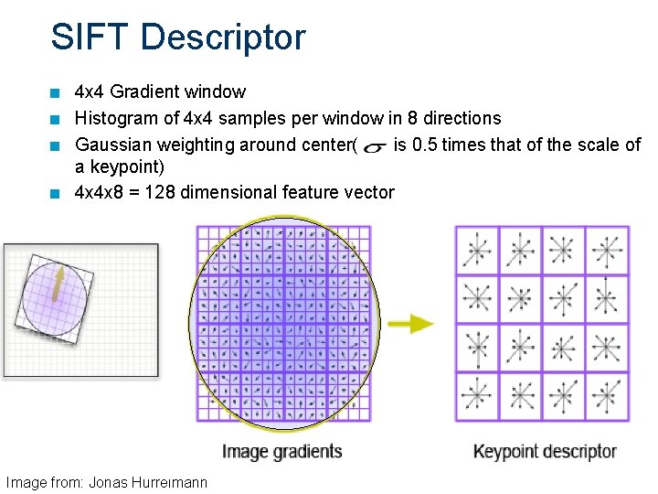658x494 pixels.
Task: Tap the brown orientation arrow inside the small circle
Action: (58, 283)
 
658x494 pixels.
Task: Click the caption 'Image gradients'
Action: (281, 451)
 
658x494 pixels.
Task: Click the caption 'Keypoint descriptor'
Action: (544, 451)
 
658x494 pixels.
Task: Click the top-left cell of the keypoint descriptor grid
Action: (476, 249)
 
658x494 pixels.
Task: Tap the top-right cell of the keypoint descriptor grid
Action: (605, 249)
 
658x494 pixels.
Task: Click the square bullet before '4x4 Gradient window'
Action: (57, 92)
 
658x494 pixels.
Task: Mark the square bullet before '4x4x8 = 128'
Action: (57, 193)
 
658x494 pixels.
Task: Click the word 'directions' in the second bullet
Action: (462, 118)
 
